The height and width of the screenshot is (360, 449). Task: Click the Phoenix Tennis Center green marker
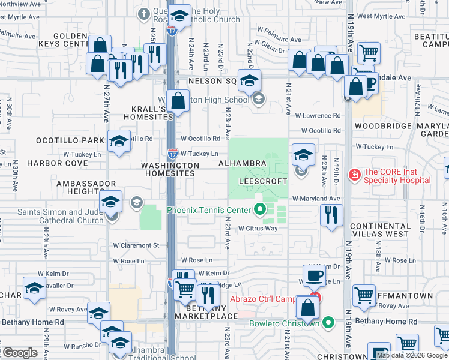point(260,209)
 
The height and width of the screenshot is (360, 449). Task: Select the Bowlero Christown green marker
point(327,323)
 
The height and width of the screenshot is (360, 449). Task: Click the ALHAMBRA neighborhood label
point(242,163)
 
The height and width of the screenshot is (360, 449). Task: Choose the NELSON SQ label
point(212,80)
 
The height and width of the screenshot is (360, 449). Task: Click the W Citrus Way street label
point(258,229)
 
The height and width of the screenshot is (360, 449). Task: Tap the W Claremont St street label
point(138,245)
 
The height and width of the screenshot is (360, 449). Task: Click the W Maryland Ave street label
point(316,199)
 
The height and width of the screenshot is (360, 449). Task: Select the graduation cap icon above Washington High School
point(249,80)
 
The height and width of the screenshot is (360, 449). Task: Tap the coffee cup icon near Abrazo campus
point(314,275)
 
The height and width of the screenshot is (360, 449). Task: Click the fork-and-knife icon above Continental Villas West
point(331,215)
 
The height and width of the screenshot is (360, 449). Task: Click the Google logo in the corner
point(20,353)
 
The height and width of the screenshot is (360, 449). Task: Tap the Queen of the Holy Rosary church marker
point(143,13)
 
